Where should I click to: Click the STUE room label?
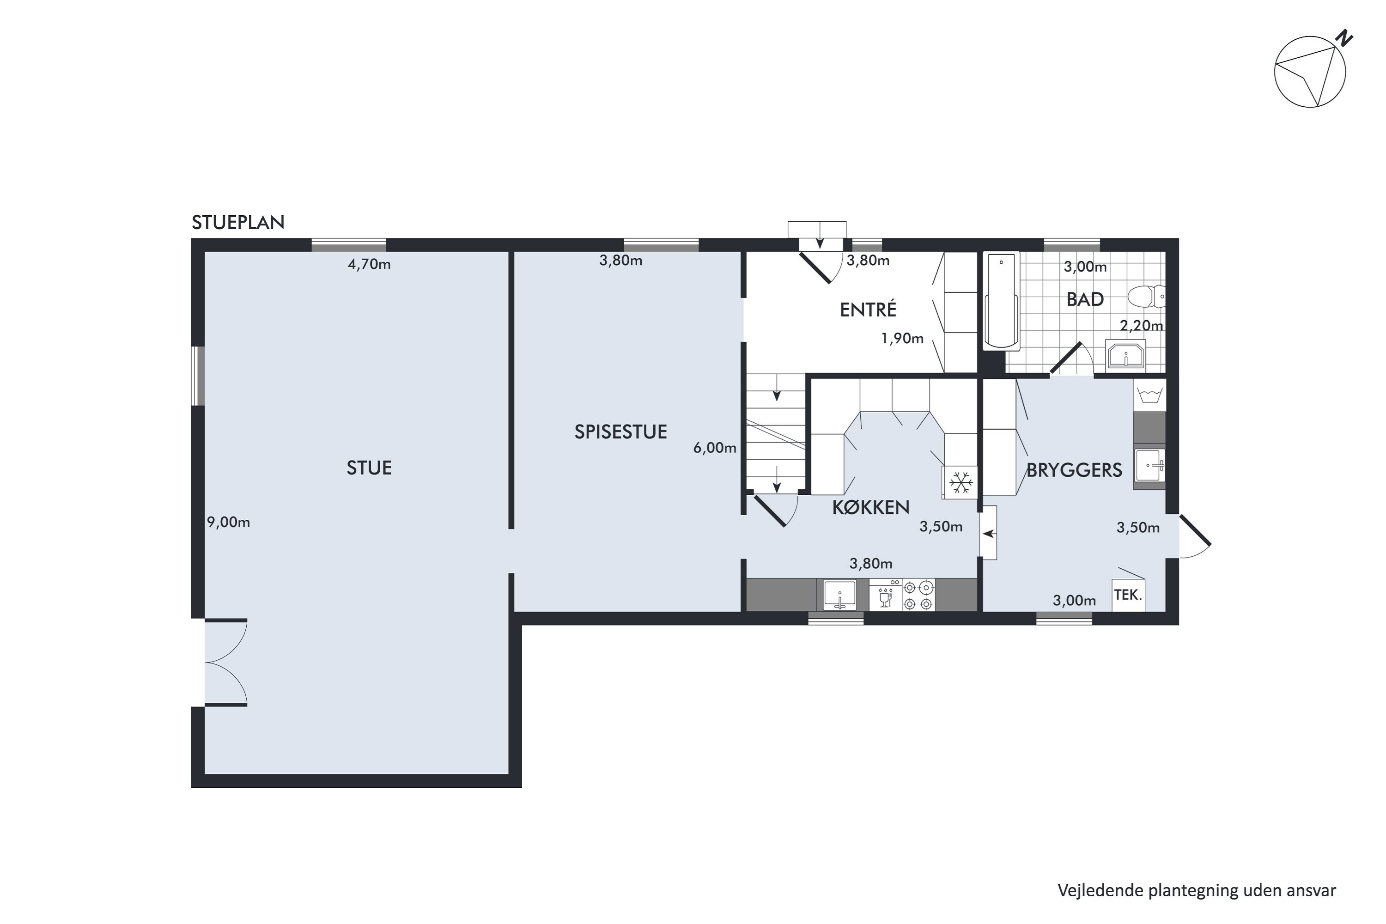coord(369,468)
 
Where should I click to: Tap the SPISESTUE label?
coord(620,432)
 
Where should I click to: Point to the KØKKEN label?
coord(870,507)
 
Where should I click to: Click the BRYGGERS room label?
coord(1074,470)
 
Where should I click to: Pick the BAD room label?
coord(1085,299)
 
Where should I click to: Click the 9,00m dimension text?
coord(229,523)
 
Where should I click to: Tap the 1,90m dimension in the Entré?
coord(902,339)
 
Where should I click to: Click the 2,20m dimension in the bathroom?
coord(1142,325)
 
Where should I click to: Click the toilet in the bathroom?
coord(1146,297)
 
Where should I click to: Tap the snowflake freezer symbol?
coord(960,483)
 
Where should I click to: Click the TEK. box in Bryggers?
coord(1128,595)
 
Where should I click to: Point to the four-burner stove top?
coord(918,595)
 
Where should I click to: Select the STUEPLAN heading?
coord(238,222)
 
